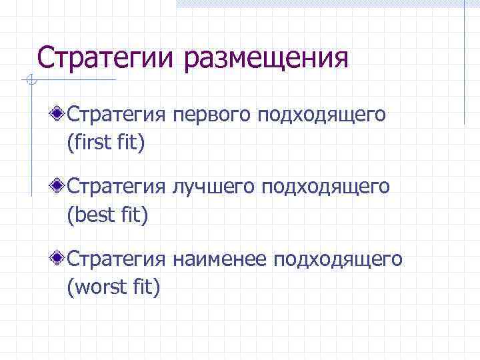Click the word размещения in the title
click(267, 59)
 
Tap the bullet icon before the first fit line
click(59, 114)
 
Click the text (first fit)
click(105, 143)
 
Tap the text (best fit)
click(107, 215)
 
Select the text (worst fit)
click(113, 287)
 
